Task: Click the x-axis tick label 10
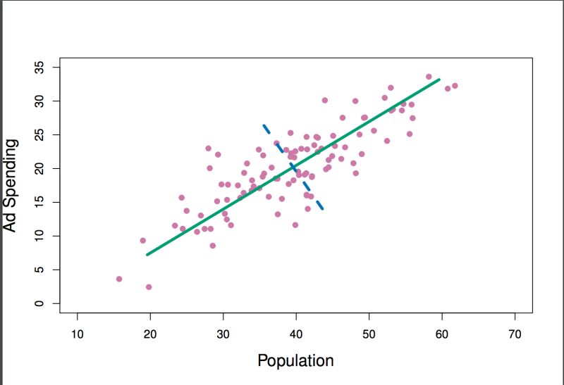tap(77, 334)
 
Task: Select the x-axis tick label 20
tap(150, 334)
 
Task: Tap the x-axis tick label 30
tap(223, 334)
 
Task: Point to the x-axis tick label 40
tap(296, 334)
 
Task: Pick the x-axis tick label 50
tap(369, 334)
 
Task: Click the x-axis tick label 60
tap(442, 334)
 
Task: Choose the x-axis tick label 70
tap(515, 334)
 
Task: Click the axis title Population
tap(295, 361)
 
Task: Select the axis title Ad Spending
tap(10, 185)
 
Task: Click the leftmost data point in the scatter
tap(119, 279)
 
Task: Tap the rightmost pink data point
tap(455, 86)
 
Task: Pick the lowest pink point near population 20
tap(149, 287)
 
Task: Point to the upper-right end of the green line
tap(439, 80)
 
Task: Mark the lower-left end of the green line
tap(147, 254)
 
